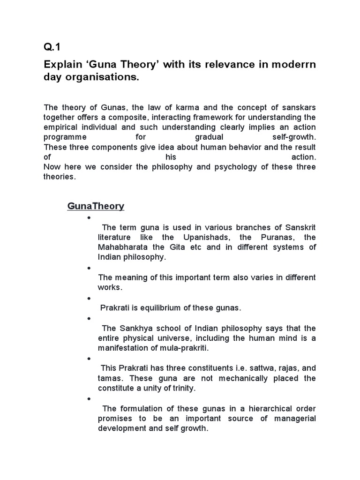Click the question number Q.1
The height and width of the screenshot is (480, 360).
pyautogui.click(x=52, y=47)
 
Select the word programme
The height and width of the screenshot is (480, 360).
pyautogui.click(x=65, y=137)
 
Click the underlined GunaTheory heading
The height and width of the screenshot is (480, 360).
pyautogui.click(x=96, y=206)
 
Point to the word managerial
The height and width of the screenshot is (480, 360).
pyautogui.click(x=293, y=418)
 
